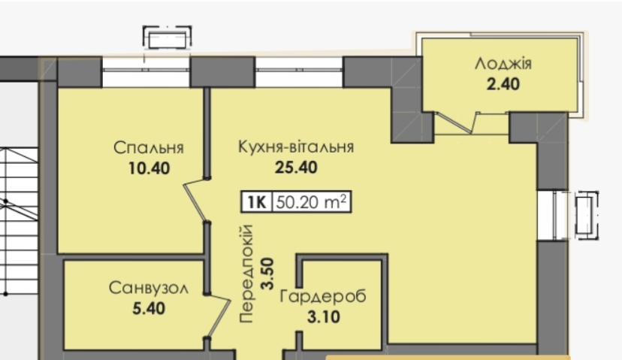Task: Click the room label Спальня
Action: (148, 147)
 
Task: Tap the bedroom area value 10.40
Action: (149, 168)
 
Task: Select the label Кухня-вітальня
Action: (296, 147)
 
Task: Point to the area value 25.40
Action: (296, 168)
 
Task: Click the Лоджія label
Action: (503, 63)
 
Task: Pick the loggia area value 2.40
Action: (503, 84)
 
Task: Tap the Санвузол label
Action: (148, 288)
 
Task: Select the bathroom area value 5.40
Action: (149, 308)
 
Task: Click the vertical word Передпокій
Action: (246, 274)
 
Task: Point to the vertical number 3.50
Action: (267, 274)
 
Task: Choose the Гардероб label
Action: (323, 297)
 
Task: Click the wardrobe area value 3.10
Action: (323, 317)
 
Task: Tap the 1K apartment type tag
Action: (257, 202)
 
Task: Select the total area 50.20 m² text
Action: (312, 202)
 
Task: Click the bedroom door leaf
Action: (195, 201)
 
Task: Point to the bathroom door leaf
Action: (219, 316)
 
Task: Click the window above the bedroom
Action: (146, 71)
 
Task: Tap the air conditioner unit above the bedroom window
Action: (168, 38)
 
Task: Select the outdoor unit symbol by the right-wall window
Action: (586, 215)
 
